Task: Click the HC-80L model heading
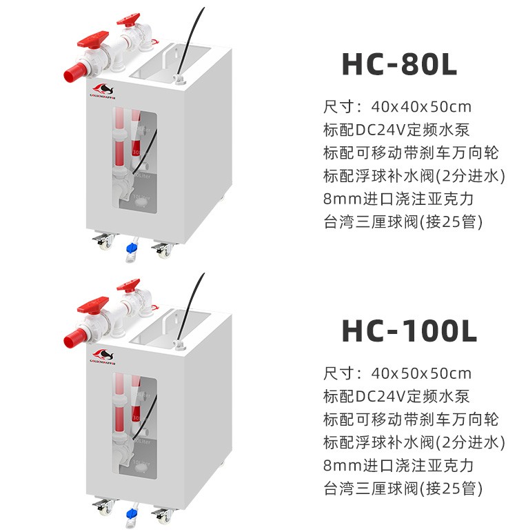[x=399, y=64]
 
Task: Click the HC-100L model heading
[x=409, y=331]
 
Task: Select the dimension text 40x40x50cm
[x=420, y=107]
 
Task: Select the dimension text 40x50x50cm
[x=420, y=374]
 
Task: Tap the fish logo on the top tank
[x=103, y=88]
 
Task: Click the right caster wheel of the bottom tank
[x=165, y=514]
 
